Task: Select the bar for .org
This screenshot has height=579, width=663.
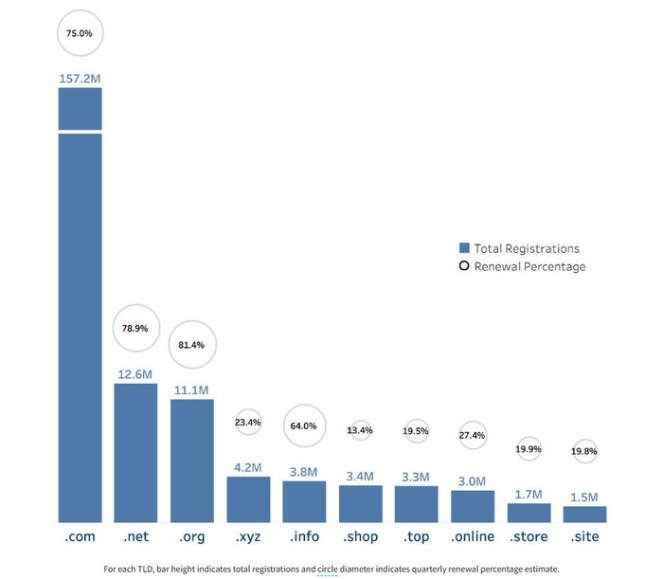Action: click(x=191, y=461)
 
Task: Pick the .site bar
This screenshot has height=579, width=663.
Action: click(x=584, y=515)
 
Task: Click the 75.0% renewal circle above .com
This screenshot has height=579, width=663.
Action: click(x=80, y=33)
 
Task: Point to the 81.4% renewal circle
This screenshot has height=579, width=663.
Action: click(x=191, y=345)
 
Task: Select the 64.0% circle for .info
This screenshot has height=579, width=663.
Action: click(x=304, y=426)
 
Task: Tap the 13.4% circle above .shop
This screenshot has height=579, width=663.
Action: click(x=360, y=430)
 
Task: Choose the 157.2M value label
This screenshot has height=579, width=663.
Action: click(x=80, y=76)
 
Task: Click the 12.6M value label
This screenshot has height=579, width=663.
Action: click(x=135, y=373)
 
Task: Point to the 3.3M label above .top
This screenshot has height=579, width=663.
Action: click(x=416, y=476)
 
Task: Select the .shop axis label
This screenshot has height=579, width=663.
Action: click(x=359, y=537)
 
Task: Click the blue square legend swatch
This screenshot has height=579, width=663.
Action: click(x=464, y=248)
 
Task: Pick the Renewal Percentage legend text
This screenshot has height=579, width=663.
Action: click(x=530, y=266)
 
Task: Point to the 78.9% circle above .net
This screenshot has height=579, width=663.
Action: click(x=135, y=328)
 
